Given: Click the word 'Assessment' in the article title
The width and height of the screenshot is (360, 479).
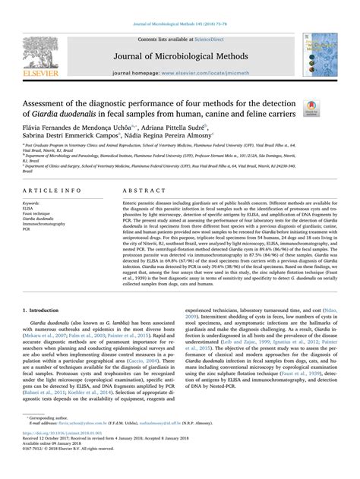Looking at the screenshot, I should tap(48, 103).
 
